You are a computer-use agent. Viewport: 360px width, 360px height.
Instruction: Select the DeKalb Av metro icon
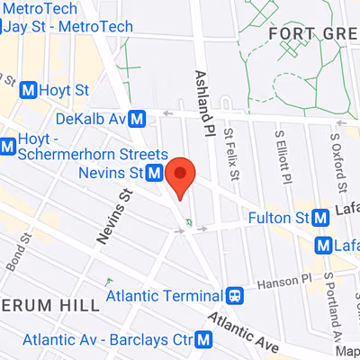tap(138, 118)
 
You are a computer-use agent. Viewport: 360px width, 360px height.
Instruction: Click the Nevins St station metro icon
tap(155, 172)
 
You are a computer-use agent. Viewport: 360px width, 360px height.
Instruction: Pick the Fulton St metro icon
tap(321, 217)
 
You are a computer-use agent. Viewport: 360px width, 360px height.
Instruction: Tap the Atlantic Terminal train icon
tap(235, 295)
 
